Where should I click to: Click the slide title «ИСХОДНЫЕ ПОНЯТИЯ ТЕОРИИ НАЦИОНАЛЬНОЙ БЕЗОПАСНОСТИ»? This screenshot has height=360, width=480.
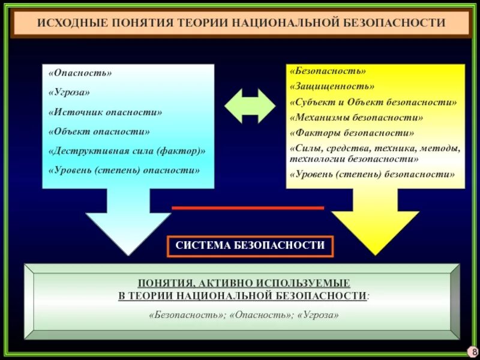pyautogui.click(x=241, y=23)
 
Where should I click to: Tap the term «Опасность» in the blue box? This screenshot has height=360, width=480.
pyautogui.click(x=80, y=73)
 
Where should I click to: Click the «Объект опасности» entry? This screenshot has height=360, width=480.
pyautogui.click(x=100, y=131)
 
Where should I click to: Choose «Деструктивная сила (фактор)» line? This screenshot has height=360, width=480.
pyautogui.click(x=127, y=151)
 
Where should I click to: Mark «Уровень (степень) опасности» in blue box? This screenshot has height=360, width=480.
pyautogui.click(x=124, y=170)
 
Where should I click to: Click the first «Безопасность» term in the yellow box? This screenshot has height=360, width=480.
pyautogui.click(x=328, y=71)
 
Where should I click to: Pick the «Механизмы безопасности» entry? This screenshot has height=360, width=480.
pyautogui.click(x=356, y=117)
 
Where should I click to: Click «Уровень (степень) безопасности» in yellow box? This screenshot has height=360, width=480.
pyautogui.click(x=372, y=175)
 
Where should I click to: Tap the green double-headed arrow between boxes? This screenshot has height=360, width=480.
pyautogui.click(x=250, y=106)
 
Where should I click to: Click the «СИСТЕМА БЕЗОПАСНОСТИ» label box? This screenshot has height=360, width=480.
pyautogui.click(x=250, y=245)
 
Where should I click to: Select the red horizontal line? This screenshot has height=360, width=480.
pyautogui.click(x=248, y=208)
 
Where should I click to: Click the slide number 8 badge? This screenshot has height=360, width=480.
pyautogui.click(x=475, y=351)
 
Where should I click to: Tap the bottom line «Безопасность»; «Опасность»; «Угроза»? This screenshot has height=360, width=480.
pyautogui.click(x=244, y=314)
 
